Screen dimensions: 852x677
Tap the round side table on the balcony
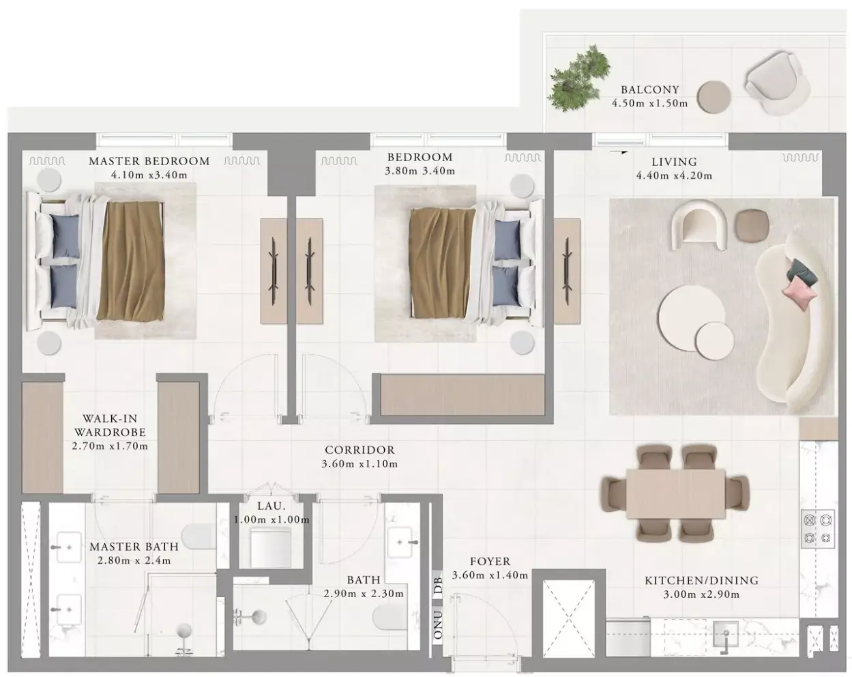pyautogui.click(x=714, y=97)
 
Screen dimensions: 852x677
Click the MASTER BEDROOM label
pyautogui.click(x=149, y=161)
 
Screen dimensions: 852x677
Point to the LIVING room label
pyautogui.click(x=674, y=162)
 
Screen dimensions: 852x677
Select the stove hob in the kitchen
pyautogui.click(x=818, y=528)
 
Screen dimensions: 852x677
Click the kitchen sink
pyautogui.click(x=726, y=634)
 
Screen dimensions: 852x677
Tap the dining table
pyautogui.click(x=676, y=493)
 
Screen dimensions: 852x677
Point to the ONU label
pyautogui.click(x=437, y=625)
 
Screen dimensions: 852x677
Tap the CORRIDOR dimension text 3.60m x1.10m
pyautogui.click(x=359, y=464)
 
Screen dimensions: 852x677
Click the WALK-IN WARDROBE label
pyautogui.click(x=110, y=425)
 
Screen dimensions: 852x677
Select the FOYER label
pyautogui.click(x=490, y=562)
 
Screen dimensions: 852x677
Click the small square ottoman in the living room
pyautogui.click(x=752, y=225)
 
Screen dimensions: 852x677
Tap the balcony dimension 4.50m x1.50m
pyautogui.click(x=649, y=103)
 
